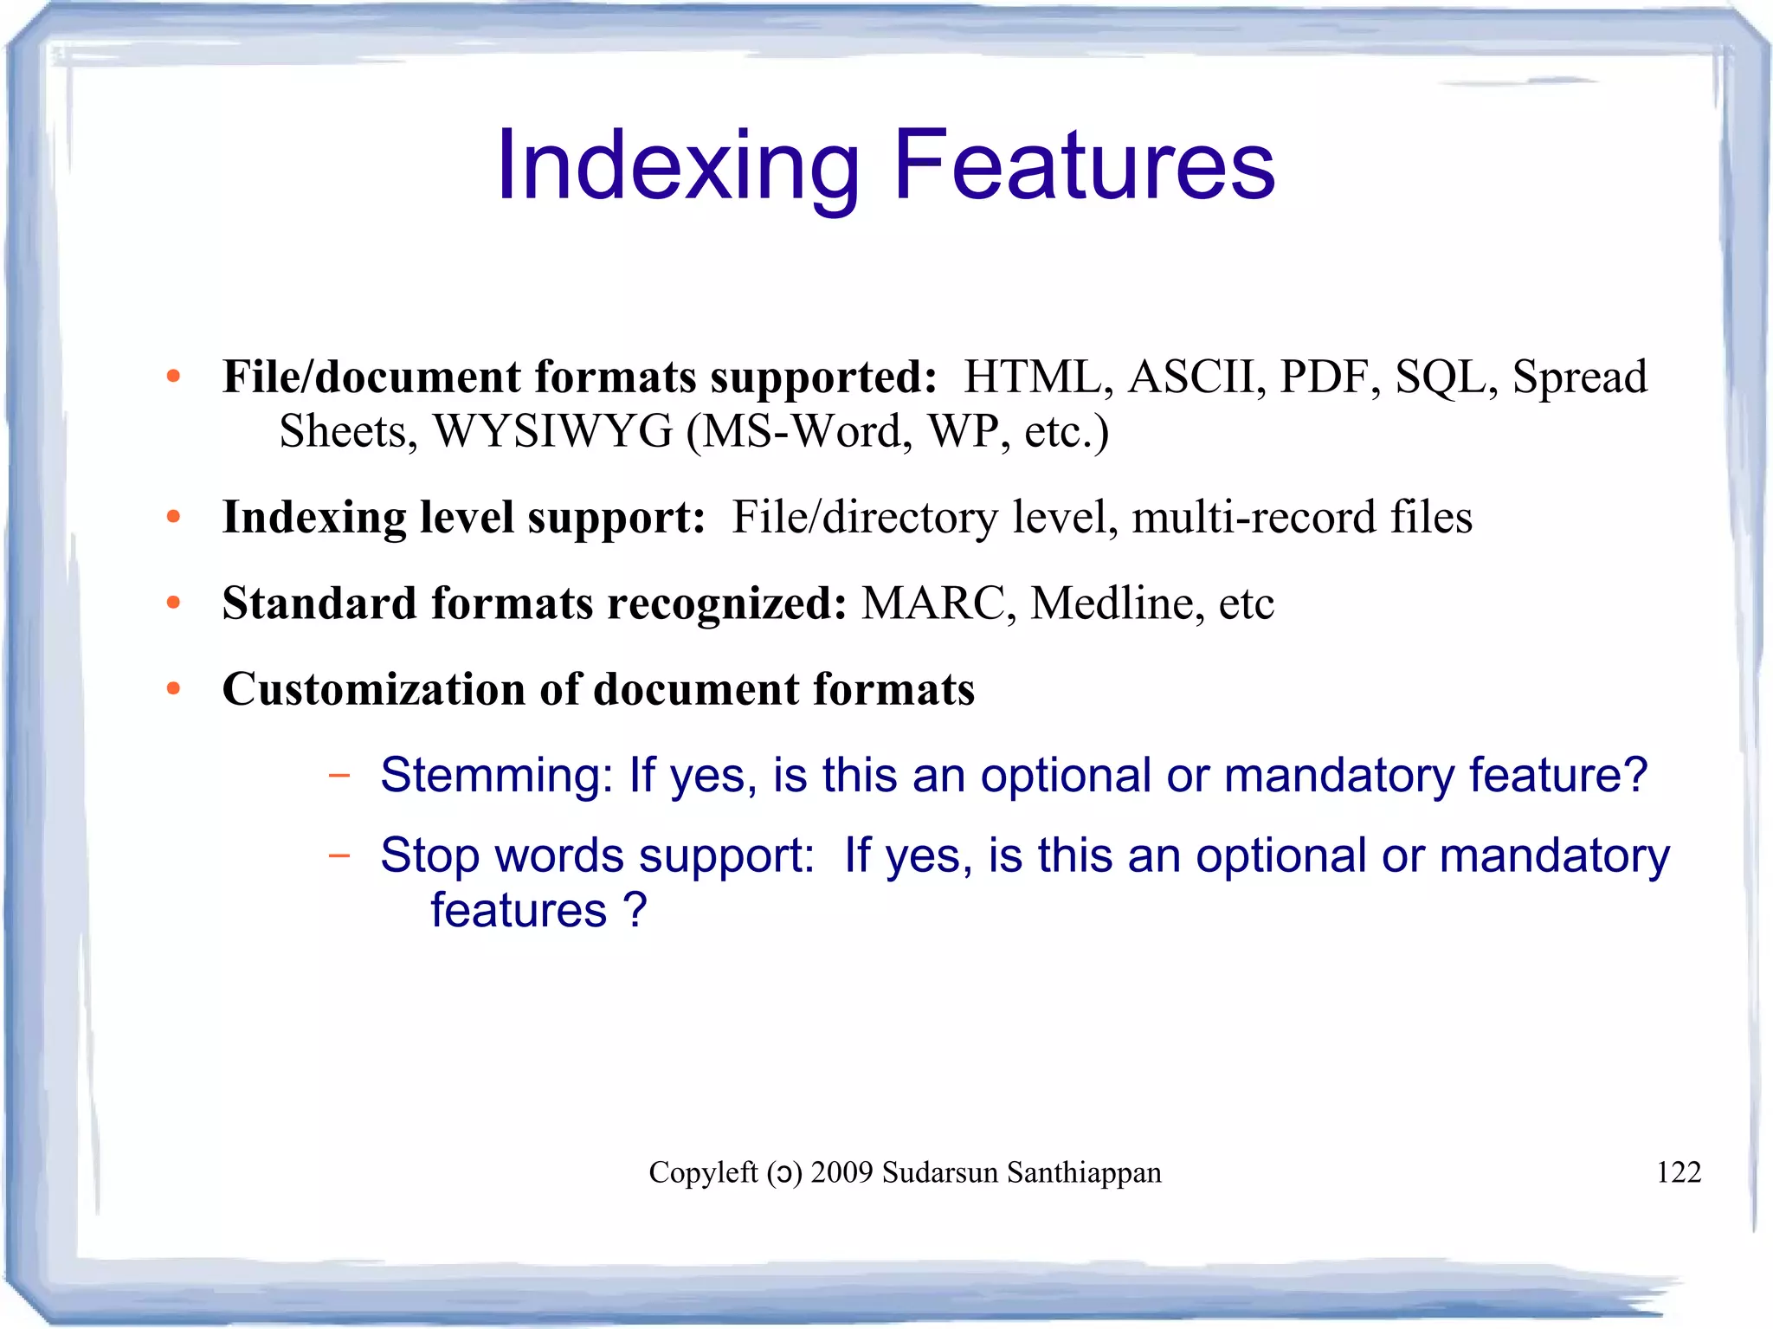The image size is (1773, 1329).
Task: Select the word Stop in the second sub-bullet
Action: [429, 855]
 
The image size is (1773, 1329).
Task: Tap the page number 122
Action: [1678, 1172]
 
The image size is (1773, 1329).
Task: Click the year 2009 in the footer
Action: [841, 1172]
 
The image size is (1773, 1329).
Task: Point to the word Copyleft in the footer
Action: [703, 1172]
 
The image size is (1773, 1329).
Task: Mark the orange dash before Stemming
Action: [339, 775]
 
